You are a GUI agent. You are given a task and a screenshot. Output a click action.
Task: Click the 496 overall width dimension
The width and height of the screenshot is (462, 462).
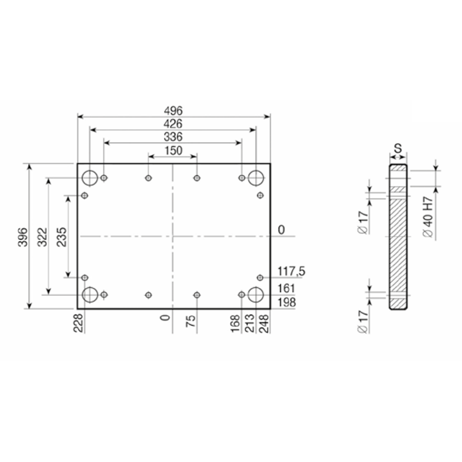173,111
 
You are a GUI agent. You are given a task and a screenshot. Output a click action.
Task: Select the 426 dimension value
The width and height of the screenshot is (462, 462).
173,124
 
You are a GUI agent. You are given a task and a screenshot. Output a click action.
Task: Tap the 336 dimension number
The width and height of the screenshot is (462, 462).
173,137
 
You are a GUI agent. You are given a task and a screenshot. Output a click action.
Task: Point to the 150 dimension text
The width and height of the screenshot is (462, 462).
173,151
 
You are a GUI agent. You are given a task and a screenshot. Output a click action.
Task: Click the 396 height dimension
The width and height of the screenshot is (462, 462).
23,237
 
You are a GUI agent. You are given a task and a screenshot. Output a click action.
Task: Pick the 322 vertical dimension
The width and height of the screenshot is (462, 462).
42,237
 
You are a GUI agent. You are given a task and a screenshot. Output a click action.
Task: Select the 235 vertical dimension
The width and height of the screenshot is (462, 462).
62,237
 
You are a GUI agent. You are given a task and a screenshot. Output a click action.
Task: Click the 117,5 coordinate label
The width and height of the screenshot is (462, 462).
292,271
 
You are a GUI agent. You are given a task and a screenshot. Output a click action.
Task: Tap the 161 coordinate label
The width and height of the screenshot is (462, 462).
286,288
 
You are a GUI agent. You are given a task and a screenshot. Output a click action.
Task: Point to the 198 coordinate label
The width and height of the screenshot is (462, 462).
286,302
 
